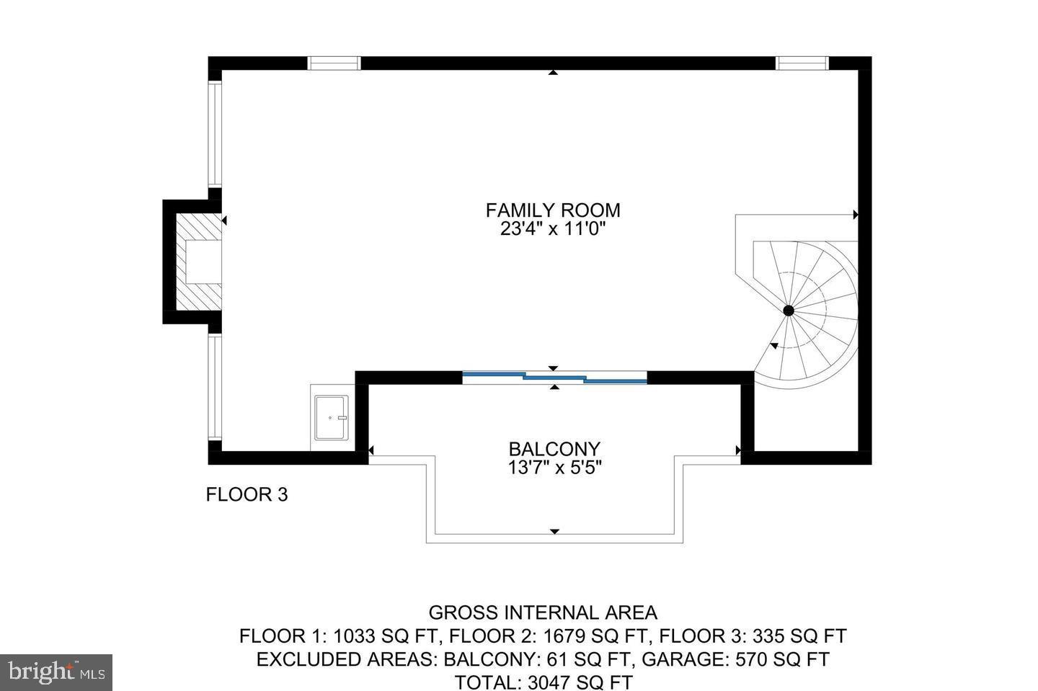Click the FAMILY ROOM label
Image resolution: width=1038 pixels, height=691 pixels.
click(x=552, y=210)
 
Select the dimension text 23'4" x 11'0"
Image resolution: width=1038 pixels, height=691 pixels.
click(x=552, y=230)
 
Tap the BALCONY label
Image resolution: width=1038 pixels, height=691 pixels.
click(x=554, y=449)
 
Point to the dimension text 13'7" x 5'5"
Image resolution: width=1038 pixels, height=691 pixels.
click(x=554, y=468)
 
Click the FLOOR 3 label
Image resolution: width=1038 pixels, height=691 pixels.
click(x=247, y=495)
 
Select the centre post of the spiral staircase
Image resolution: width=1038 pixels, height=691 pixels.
click(x=789, y=311)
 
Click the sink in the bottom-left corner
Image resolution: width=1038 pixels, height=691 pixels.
click(x=331, y=417)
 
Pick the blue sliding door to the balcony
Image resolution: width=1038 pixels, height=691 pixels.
click(x=554, y=377)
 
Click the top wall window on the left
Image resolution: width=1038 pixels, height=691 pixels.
click(x=334, y=63)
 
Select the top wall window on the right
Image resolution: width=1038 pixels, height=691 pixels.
click(x=802, y=63)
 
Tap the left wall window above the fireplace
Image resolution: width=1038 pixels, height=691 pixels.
click(x=214, y=135)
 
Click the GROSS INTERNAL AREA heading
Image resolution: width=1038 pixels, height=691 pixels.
click(x=543, y=613)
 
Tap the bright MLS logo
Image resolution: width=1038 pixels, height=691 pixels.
click(x=56, y=672)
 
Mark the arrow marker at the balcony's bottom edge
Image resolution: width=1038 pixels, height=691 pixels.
click(x=554, y=532)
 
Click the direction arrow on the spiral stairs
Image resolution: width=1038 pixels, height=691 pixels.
click(x=774, y=347)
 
